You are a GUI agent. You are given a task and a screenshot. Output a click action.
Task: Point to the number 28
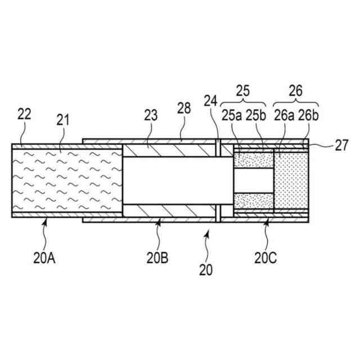tap(183, 109)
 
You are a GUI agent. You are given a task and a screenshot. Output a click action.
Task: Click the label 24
tap(210, 102)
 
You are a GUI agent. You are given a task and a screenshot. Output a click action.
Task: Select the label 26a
tap(285, 115)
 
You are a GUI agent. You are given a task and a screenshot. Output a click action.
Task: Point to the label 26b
tap(309, 115)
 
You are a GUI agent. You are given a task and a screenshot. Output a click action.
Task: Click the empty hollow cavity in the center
tap(177, 181)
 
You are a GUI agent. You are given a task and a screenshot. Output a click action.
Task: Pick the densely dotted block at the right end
tap(291, 181)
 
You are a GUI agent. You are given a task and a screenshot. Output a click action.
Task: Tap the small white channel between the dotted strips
tap(253, 181)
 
